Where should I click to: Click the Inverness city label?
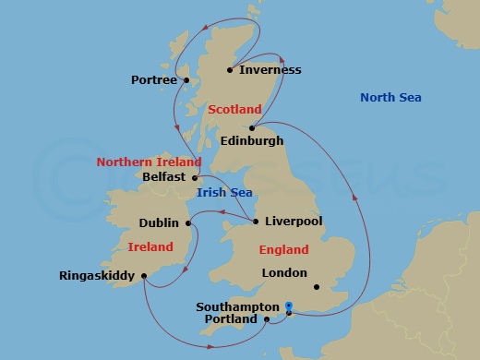pyautogui.click(x=270, y=70)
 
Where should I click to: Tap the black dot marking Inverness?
pyautogui.click(x=231, y=69)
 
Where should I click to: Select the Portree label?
pyautogui.click(x=153, y=80)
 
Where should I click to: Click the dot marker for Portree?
pyautogui.click(x=186, y=80)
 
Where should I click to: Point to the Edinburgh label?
pyautogui.click(x=252, y=141)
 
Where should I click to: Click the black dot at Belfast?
pyautogui.click(x=195, y=177)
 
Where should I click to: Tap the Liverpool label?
pyautogui.click(x=293, y=222)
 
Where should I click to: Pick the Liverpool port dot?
pyautogui.click(x=256, y=221)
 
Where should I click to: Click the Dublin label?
pyautogui.click(x=159, y=222)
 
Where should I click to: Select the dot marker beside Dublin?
pyautogui.click(x=187, y=222)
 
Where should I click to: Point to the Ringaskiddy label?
pyautogui.click(x=96, y=275)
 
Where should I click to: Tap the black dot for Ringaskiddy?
pyautogui.click(x=145, y=275)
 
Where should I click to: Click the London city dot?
pyautogui.click(x=316, y=286)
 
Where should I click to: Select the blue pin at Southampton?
pyautogui.click(x=289, y=307)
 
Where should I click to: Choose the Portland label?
pyautogui.click(x=230, y=319)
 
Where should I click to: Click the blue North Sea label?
pyautogui.click(x=390, y=98)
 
